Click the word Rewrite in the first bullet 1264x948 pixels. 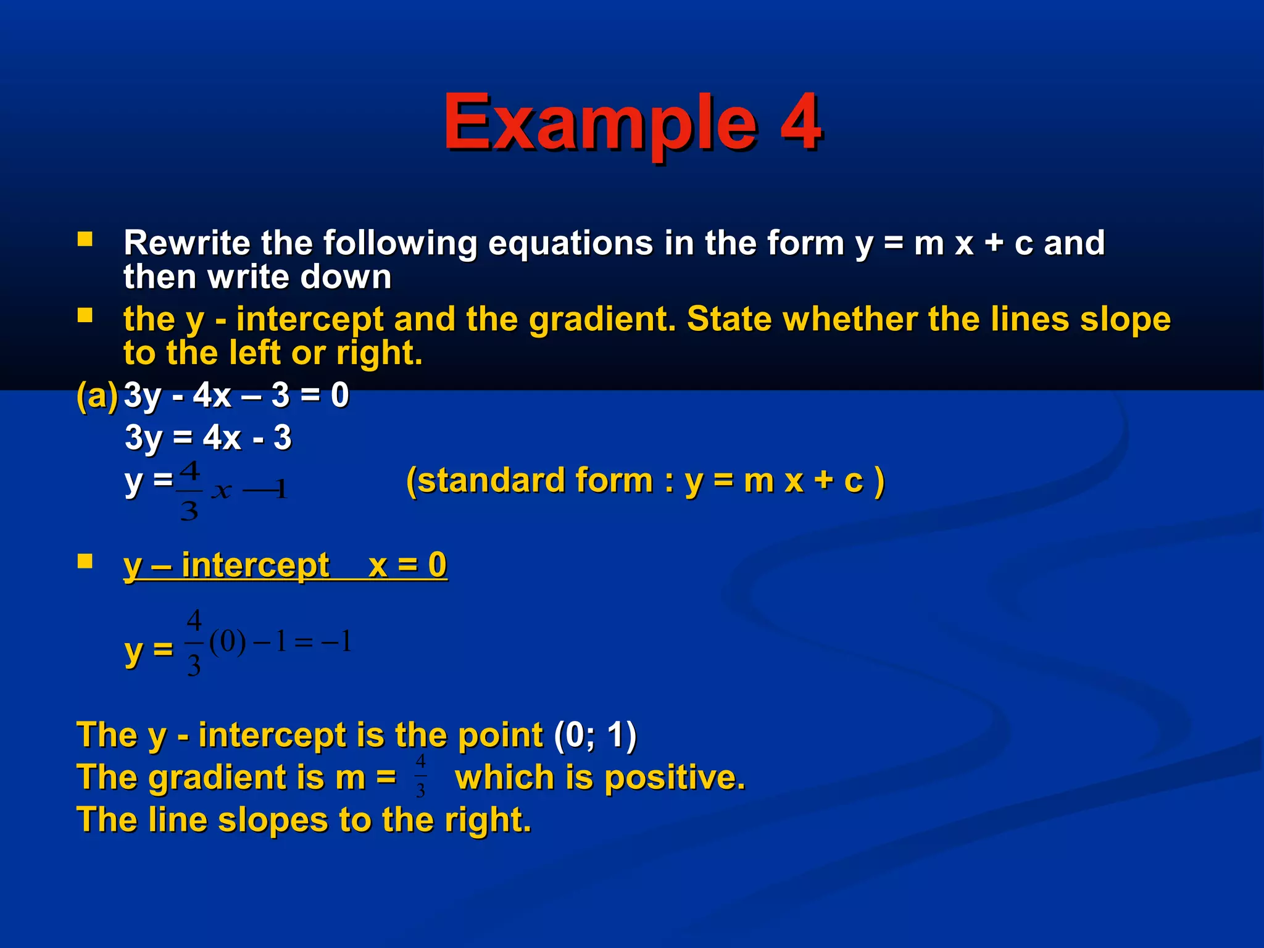[x=187, y=243]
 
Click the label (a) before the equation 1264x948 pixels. [x=97, y=395]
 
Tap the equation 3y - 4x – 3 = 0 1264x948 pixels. [x=236, y=395]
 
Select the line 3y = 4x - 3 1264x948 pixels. [x=208, y=438]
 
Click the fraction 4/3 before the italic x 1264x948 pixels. [x=189, y=491]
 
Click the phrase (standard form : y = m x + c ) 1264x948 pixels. [x=645, y=480]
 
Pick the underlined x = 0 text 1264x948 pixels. [x=407, y=565]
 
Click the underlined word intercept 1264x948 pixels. [x=256, y=565]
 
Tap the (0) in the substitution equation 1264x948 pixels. [x=228, y=642]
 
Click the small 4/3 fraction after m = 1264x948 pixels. [x=420, y=776]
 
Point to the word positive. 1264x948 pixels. [x=675, y=777]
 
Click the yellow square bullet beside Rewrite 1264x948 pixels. [x=85, y=239]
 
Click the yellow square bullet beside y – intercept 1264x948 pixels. [x=85, y=561]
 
